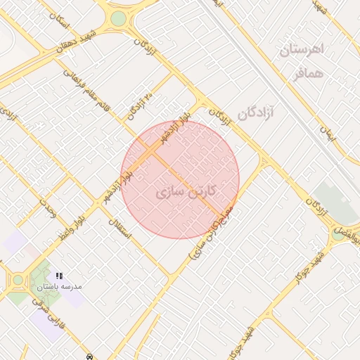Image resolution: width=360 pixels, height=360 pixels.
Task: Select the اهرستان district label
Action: (x=300, y=50)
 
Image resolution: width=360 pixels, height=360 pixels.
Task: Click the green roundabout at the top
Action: (x=118, y=18)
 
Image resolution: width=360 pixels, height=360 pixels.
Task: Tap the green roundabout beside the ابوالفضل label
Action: (x=338, y=234)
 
